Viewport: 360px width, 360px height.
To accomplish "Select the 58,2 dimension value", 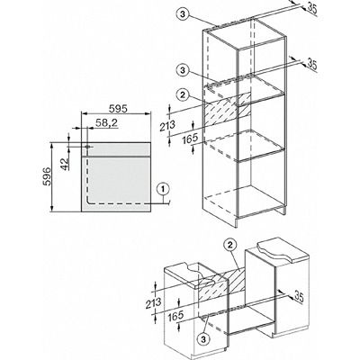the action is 106,122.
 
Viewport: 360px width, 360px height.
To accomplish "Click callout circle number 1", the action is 163,189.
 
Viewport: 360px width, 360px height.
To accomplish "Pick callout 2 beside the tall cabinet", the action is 183,95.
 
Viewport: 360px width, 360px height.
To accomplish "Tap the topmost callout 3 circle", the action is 182,13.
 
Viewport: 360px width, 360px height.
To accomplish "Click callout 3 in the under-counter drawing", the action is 203,339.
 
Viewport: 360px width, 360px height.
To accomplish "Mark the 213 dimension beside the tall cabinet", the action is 167,124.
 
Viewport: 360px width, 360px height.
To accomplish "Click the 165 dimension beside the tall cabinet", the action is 190,138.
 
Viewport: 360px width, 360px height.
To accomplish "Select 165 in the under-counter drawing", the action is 175,315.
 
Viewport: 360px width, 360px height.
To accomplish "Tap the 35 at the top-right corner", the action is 311,9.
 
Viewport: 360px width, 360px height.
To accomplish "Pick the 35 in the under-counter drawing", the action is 299,296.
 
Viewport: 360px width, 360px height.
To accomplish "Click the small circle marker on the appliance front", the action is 87,147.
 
